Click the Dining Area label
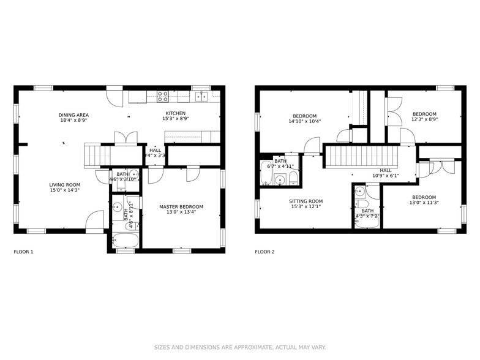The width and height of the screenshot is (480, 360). [x=73, y=115]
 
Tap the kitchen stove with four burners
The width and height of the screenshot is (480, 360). [x=163, y=96]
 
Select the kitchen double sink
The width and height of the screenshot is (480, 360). [x=201, y=96]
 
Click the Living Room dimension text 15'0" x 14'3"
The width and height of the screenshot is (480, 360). [x=64, y=190]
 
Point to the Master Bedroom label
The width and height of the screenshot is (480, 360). [x=181, y=207]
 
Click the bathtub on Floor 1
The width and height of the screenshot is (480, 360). [x=126, y=240]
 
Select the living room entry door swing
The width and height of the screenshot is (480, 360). [x=95, y=220]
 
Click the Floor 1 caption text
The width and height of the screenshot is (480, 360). [x=23, y=252]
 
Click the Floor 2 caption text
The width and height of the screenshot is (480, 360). [x=264, y=252]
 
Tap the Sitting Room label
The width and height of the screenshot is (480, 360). [x=306, y=201]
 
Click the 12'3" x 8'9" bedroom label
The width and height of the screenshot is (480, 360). [x=424, y=114]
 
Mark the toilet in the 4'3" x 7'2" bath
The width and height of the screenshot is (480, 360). [x=362, y=204]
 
